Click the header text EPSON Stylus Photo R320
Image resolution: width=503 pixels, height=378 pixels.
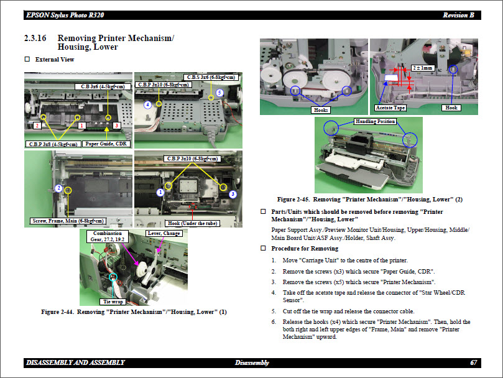(x=62, y=14)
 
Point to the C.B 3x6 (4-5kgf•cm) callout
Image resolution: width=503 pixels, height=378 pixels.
(x=103, y=86)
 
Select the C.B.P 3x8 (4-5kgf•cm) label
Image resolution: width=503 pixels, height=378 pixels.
(x=53, y=144)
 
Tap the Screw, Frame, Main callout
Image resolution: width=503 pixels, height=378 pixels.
(x=67, y=221)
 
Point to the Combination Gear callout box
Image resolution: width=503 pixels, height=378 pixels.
(x=108, y=237)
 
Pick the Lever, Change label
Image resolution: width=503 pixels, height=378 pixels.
(x=164, y=234)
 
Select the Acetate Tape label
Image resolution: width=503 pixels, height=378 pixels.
(x=390, y=108)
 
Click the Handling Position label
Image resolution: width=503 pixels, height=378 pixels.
(x=375, y=121)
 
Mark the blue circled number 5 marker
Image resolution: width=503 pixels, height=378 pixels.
(x=219, y=93)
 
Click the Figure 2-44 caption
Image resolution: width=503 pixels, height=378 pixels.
(x=134, y=311)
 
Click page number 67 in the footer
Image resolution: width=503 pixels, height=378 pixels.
(x=474, y=362)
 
